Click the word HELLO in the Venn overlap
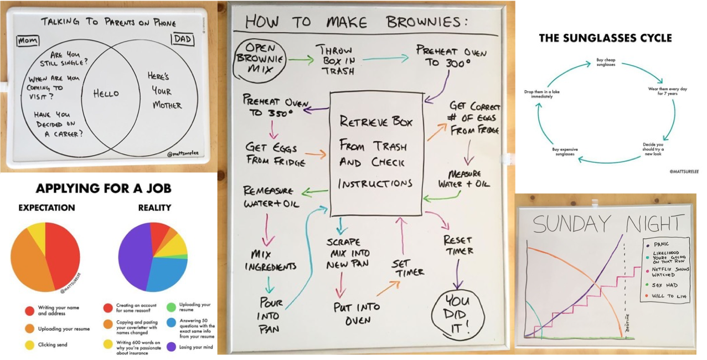tap(106, 94)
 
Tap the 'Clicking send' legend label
tap(53, 344)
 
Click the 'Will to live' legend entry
tap(668, 296)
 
